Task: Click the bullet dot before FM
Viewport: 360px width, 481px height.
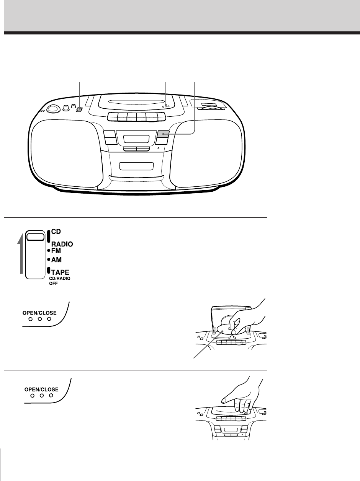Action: point(48,251)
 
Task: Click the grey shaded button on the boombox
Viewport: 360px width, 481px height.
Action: point(163,134)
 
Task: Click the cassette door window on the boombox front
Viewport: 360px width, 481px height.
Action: point(136,166)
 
